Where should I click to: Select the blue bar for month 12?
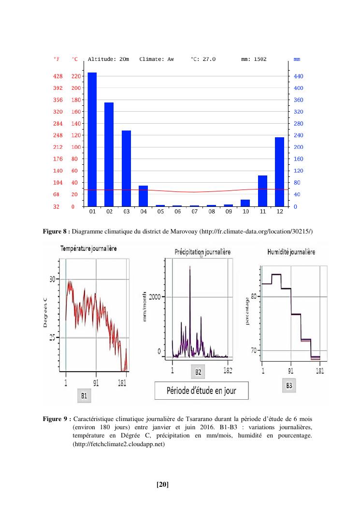(x=279, y=172)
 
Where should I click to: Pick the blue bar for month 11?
(x=262, y=190)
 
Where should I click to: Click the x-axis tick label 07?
(x=194, y=212)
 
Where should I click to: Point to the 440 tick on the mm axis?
(x=297, y=76)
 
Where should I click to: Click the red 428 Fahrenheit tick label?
(x=58, y=76)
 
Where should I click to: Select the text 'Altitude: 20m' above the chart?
(x=108, y=59)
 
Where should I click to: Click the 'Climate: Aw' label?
(x=156, y=59)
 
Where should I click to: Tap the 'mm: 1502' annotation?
(x=254, y=59)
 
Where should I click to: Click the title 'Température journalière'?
(x=88, y=248)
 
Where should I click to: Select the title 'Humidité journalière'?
(x=291, y=252)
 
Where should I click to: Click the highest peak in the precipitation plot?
(x=190, y=267)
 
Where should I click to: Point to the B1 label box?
(x=84, y=396)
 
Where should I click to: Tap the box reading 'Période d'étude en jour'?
(x=201, y=391)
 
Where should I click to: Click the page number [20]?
(x=162, y=484)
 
